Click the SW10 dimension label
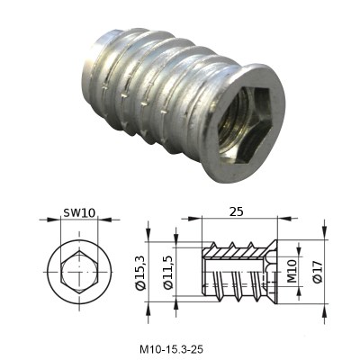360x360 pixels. tap(79, 212)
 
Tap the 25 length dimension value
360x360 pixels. tap(237, 211)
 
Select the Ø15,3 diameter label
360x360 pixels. tap(140, 272)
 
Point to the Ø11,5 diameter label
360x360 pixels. tap(168, 273)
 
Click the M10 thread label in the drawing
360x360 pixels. tap(292, 271)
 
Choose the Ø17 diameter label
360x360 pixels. tap(318, 272)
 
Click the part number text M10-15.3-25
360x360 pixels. tap(171, 349)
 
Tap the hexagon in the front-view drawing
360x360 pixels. tap(79, 272)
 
